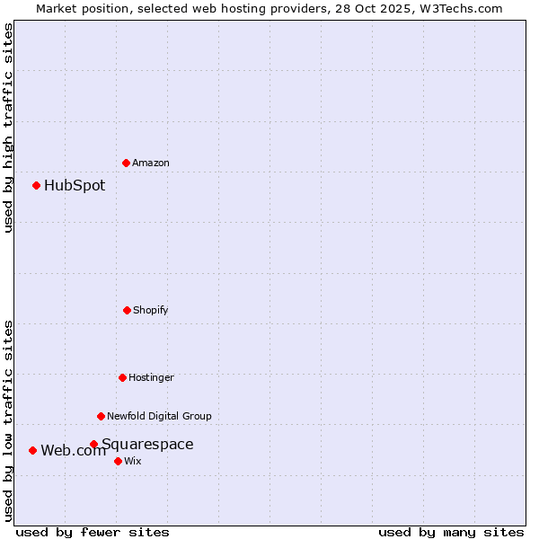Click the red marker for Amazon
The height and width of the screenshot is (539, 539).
(127, 163)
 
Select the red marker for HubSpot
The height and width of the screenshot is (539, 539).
(37, 186)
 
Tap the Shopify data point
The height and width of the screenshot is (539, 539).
(127, 310)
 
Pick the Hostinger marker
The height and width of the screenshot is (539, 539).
(122, 377)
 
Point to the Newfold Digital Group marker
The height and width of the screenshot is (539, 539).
(101, 416)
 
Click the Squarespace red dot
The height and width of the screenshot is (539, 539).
(93, 444)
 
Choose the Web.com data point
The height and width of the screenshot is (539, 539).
(33, 450)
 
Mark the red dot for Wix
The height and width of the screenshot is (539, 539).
(118, 461)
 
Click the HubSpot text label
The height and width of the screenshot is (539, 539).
(75, 186)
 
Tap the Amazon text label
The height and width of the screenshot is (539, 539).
(151, 163)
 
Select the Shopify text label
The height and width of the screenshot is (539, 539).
(151, 310)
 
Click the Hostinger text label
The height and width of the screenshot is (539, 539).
(151, 377)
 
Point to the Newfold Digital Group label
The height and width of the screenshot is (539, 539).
(159, 416)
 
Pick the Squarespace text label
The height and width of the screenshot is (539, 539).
(147, 444)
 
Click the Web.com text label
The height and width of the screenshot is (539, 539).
(73, 451)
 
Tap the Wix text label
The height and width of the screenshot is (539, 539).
(133, 461)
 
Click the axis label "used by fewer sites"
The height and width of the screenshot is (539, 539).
(93, 532)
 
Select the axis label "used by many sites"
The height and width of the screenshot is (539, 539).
(451, 532)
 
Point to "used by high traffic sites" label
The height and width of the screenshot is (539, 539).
(8, 128)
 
